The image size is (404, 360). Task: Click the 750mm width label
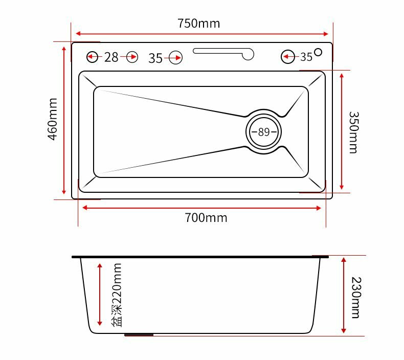(x=198, y=24)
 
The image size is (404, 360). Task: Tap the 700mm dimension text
(x=206, y=218)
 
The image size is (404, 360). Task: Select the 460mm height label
(x=53, y=119)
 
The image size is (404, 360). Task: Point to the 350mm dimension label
(x=354, y=132)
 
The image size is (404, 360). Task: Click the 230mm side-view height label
(x=356, y=298)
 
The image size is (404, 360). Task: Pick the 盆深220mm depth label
(x=117, y=295)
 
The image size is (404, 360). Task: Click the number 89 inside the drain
(x=264, y=132)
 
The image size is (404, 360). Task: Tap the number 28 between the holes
(x=111, y=57)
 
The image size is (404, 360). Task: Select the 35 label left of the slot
(x=155, y=58)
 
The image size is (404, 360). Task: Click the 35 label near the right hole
(x=306, y=57)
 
